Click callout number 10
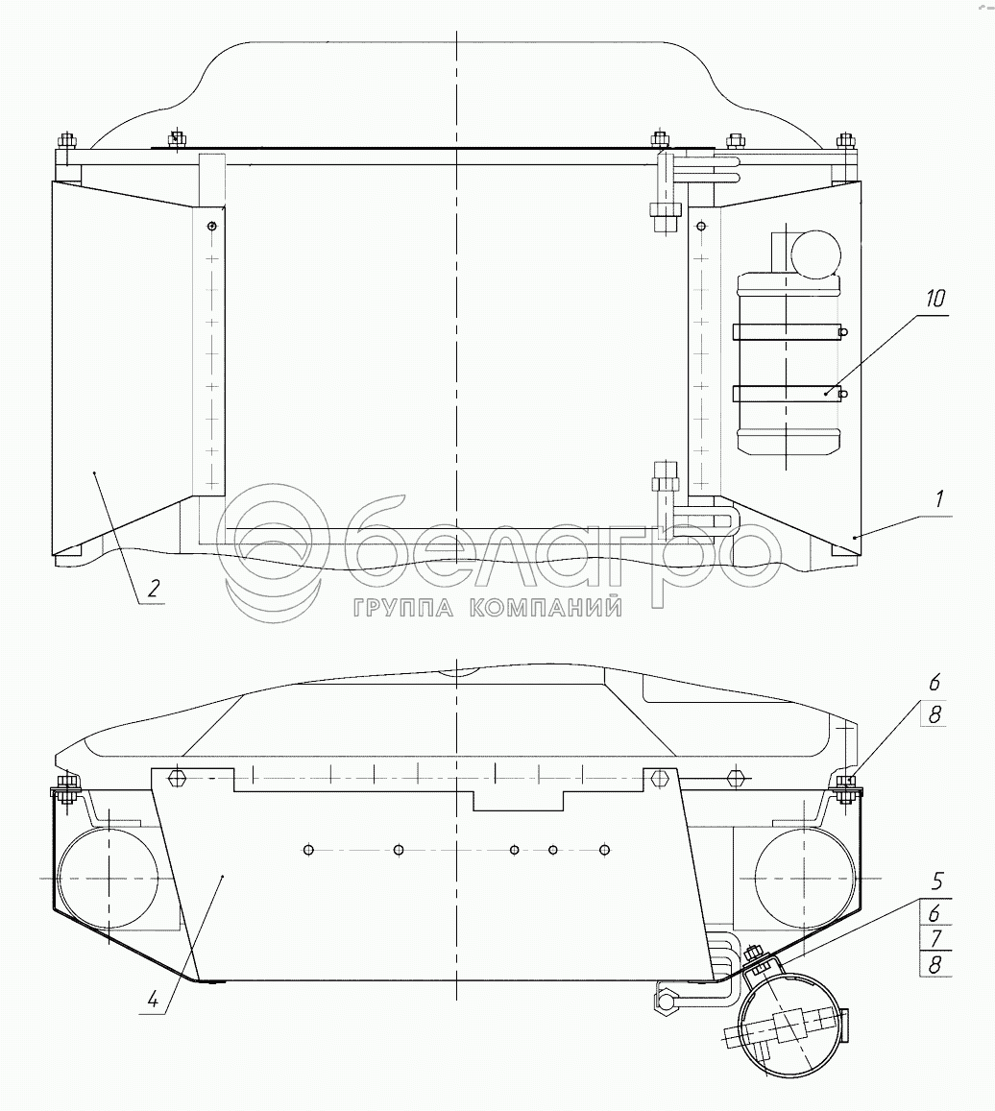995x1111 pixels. pyautogui.click(x=935, y=299)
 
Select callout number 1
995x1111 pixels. pyautogui.click(x=939, y=498)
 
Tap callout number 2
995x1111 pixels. pyautogui.click(x=153, y=588)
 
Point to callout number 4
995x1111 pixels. pyautogui.click(x=153, y=1001)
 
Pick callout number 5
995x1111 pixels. pyautogui.click(x=936, y=882)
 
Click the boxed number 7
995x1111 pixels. pyautogui.click(x=935, y=939)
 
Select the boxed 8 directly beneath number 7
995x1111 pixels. pyautogui.click(x=935, y=964)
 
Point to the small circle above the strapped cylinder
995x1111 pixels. pyautogui.click(x=815, y=254)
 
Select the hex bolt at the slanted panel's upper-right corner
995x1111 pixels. pyautogui.click(x=660, y=778)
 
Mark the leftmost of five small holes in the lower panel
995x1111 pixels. pyautogui.click(x=307, y=850)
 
